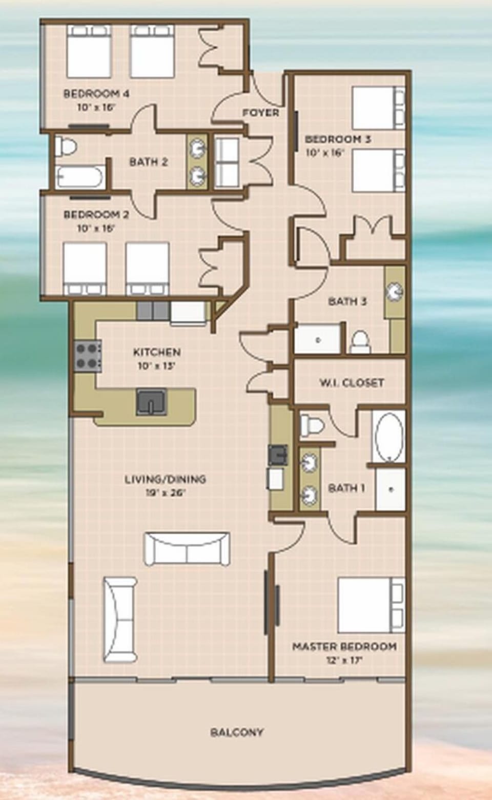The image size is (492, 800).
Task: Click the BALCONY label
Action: [x=237, y=732]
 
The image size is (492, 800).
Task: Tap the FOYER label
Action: [x=261, y=112]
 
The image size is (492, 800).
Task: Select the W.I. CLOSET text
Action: [x=352, y=382]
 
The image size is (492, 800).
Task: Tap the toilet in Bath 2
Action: [x=66, y=147]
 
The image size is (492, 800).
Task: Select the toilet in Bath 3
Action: [x=360, y=342]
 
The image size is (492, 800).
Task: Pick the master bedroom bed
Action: [x=371, y=605]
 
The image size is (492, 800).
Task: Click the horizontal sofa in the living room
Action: [x=187, y=549]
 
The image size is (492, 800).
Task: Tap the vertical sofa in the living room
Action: [x=120, y=620]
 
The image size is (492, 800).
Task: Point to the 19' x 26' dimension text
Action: [x=166, y=493]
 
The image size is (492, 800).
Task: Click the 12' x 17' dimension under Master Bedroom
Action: [x=344, y=660]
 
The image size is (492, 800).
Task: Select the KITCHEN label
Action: [x=157, y=352]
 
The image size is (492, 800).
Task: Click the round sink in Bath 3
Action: [x=395, y=292]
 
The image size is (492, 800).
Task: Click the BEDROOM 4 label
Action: [x=96, y=93]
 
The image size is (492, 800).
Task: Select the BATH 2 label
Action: [x=148, y=162]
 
